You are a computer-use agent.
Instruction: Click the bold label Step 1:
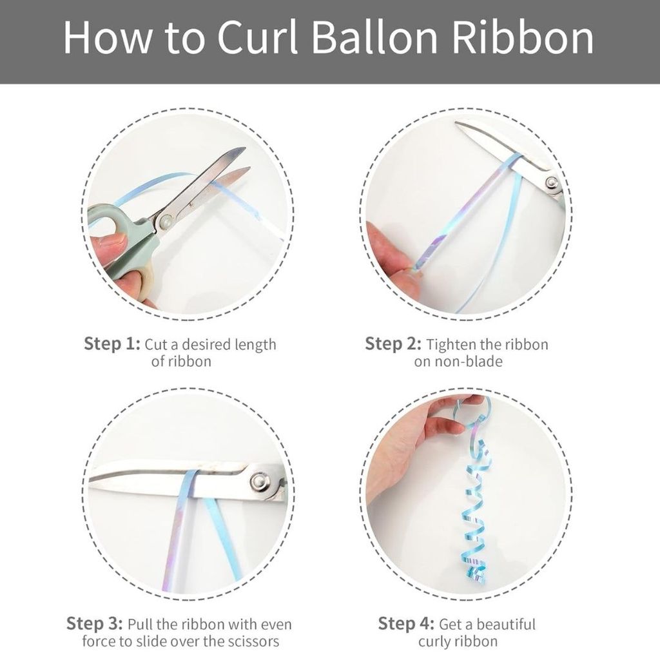[x=112, y=344]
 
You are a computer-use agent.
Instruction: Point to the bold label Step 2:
[x=393, y=344]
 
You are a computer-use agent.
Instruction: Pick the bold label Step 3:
[x=95, y=623]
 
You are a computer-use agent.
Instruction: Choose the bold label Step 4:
[x=406, y=623]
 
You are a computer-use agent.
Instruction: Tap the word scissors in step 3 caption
[x=253, y=641]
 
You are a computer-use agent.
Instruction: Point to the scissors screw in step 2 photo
[x=552, y=182]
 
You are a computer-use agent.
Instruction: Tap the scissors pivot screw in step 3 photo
[x=258, y=481]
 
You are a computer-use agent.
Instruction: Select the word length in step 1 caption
[x=255, y=345]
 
